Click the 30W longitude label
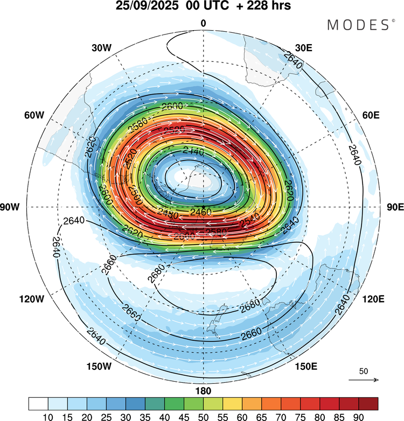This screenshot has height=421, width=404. [101, 47]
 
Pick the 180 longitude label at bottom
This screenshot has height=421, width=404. [203, 390]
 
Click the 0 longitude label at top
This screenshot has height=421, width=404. [203, 23]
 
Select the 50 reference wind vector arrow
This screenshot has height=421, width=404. [364, 380]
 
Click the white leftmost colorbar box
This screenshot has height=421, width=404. [38, 403]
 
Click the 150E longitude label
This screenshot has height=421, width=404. [306, 367]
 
